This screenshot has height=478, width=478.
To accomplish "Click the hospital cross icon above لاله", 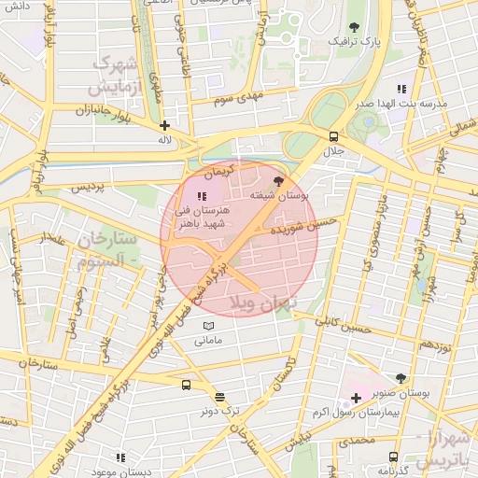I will (x=165, y=125).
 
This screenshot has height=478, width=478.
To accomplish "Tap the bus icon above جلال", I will (x=334, y=135).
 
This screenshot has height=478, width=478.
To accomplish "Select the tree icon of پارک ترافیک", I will (x=354, y=27).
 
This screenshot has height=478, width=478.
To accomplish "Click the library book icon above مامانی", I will (x=208, y=326).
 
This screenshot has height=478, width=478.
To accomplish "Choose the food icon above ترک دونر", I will (x=218, y=396).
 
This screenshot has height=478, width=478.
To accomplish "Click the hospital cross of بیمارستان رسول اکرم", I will (x=357, y=398).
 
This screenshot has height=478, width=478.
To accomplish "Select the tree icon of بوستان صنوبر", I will (x=401, y=378).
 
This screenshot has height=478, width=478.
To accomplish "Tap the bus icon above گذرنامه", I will (x=393, y=457).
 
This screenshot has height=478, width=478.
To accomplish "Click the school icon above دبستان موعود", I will (x=120, y=457).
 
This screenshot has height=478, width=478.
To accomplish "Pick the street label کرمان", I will (x=214, y=174).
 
